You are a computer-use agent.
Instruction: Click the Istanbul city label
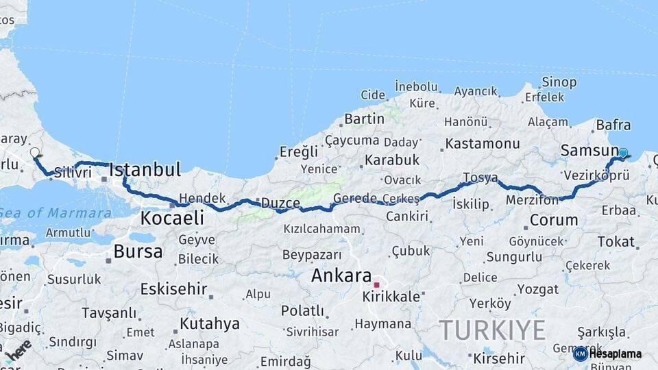[x=145, y=169]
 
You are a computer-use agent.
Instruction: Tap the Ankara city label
[x=341, y=275]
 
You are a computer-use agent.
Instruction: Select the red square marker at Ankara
[x=376, y=284]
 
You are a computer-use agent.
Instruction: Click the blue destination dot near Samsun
[x=623, y=153]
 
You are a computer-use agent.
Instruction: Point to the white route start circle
[x=35, y=152]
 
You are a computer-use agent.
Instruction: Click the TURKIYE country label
[x=492, y=330]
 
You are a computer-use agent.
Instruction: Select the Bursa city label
[x=138, y=251]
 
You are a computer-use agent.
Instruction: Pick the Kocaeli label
[x=172, y=218]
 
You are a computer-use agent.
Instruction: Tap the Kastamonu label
[x=483, y=144]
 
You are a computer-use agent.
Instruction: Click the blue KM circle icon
[x=580, y=354]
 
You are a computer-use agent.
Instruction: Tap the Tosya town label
[x=480, y=178]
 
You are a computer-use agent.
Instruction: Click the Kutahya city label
[x=210, y=323]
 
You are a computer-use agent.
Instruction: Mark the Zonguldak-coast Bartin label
[x=364, y=119]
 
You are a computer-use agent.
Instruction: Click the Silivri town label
[x=73, y=173]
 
